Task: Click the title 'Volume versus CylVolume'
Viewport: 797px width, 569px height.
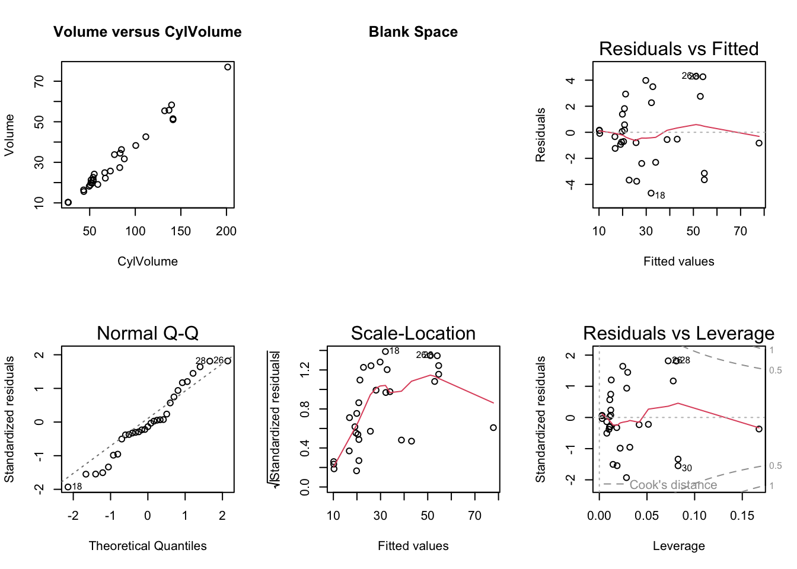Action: [x=148, y=32]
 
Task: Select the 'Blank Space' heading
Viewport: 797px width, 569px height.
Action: [x=413, y=32]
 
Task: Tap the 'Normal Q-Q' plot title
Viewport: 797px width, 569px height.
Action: [x=148, y=333]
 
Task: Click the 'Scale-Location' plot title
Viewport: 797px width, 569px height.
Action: [x=413, y=333]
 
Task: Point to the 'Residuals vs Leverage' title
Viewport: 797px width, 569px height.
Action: [x=678, y=333]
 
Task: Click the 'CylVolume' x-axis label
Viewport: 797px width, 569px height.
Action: [x=148, y=261]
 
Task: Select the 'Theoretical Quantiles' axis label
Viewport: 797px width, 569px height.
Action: [x=148, y=546]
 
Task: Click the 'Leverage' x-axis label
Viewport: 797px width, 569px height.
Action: [x=678, y=546]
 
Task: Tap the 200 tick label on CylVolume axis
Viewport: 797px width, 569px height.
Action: [x=226, y=231]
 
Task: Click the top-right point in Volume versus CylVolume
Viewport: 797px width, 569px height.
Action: [x=228, y=67]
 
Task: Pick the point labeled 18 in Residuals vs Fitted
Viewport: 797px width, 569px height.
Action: [x=651, y=193]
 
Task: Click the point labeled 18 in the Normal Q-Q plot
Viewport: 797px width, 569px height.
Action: [x=68, y=487]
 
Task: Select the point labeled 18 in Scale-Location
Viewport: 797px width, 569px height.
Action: [x=385, y=351]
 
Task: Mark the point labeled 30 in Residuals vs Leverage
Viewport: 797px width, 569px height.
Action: [x=678, y=466]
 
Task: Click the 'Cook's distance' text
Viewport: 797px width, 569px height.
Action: [x=673, y=485]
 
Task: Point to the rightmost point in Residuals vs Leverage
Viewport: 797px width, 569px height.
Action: [x=759, y=429]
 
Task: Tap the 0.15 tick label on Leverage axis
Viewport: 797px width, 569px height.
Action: [x=742, y=516]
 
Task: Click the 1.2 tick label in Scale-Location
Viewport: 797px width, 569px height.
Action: [x=305, y=370]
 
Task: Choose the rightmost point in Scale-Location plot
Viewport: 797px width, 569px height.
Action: [x=493, y=427]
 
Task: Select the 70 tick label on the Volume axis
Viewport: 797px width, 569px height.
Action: [x=39, y=81]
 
